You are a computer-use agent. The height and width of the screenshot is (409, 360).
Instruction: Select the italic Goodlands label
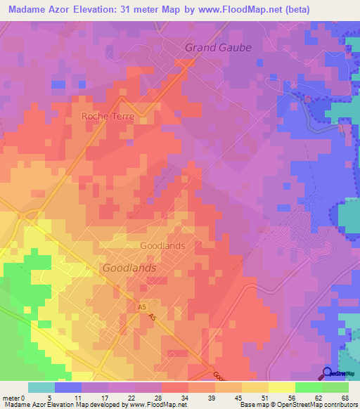(129, 268)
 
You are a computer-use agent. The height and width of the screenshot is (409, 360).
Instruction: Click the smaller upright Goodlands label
(162, 246)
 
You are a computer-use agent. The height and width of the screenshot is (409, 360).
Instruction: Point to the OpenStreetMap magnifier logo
(328, 373)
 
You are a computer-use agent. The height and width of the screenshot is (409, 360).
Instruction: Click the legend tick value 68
(345, 397)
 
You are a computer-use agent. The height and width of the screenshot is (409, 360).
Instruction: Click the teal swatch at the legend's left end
(41, 387)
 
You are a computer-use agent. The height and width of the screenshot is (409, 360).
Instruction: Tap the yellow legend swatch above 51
(255, 387)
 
